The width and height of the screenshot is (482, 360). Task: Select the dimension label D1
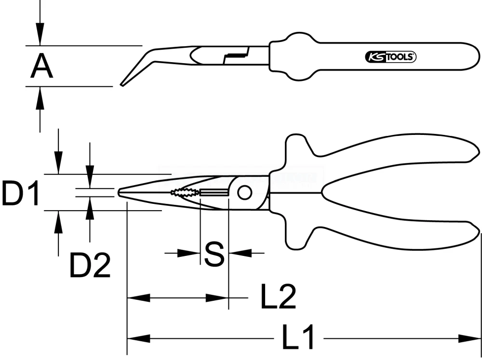(x=20, y=192)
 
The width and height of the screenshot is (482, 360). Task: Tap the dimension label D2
(x=90, y=265)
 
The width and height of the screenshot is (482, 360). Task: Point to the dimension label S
(x=214, y=254)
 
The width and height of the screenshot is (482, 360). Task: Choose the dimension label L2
(x=278, y=297)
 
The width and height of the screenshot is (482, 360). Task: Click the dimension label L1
(x=298, y=337)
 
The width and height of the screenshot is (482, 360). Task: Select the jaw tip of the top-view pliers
(x=120, y=192)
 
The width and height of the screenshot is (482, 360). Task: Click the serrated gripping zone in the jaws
(x=184, y=193)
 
